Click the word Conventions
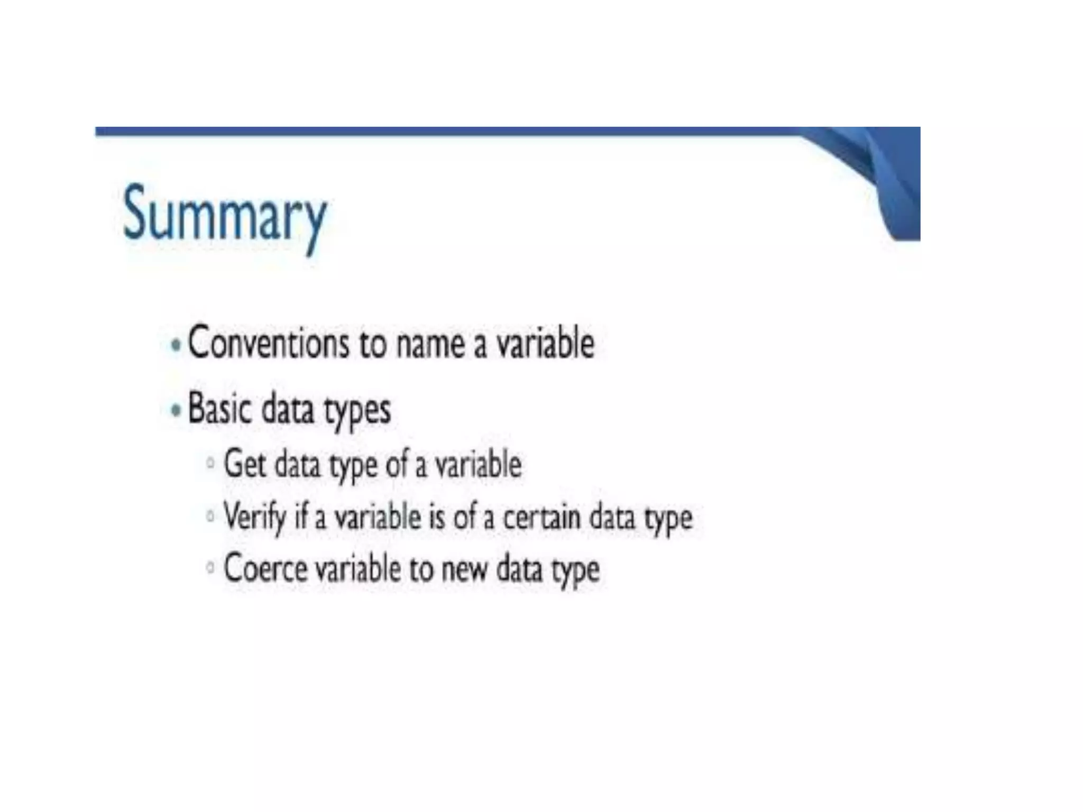268,343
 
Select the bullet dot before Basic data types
177,410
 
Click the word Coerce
265,568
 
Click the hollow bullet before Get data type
210,464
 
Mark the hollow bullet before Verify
210,515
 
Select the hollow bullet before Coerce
210,568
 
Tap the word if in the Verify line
301,516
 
